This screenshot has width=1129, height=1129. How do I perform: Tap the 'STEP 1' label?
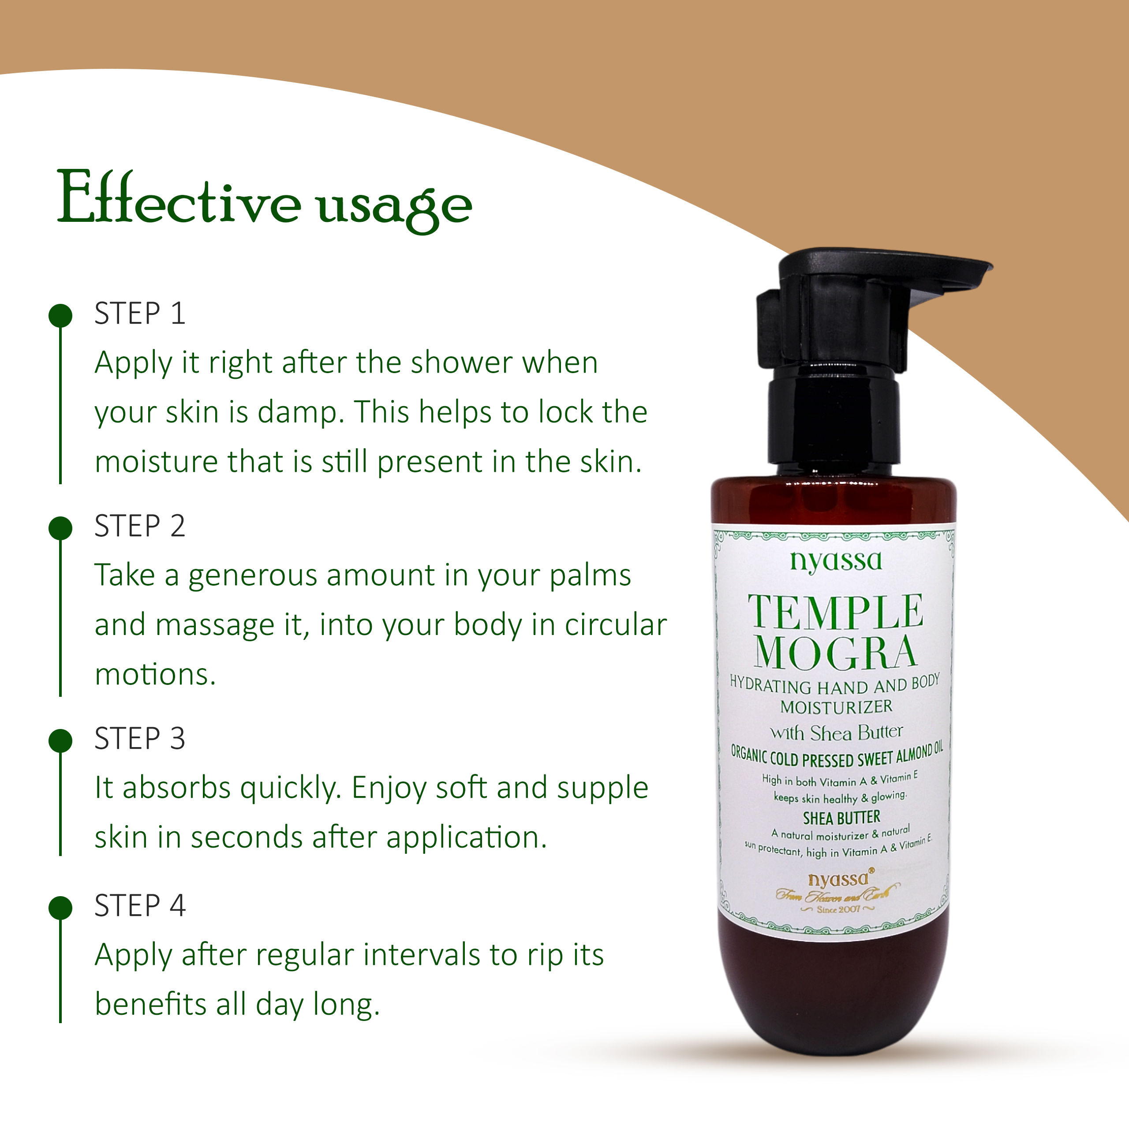pyautogui.click(x=140, y=314)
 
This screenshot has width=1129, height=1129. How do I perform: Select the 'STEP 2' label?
pyautogui.click(x=140, y=526)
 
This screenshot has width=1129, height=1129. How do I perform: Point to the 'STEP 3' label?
pyautogui.click(x=140, y=739)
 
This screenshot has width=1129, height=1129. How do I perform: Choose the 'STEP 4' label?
pyautogui.click(x=140, y=906)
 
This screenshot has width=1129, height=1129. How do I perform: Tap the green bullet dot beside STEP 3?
pyautogui.click(x=60, y=740)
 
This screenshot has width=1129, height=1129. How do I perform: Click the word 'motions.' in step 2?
pyautogui.click(x=155, y=675)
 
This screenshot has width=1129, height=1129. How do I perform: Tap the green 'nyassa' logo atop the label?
pyautogui.click(x=836, y=561)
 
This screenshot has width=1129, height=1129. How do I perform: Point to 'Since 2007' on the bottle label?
pyautogui.click(x=838, y=909)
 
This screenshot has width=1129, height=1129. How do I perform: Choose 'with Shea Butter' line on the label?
pyautogui.click(x=836, y=733)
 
